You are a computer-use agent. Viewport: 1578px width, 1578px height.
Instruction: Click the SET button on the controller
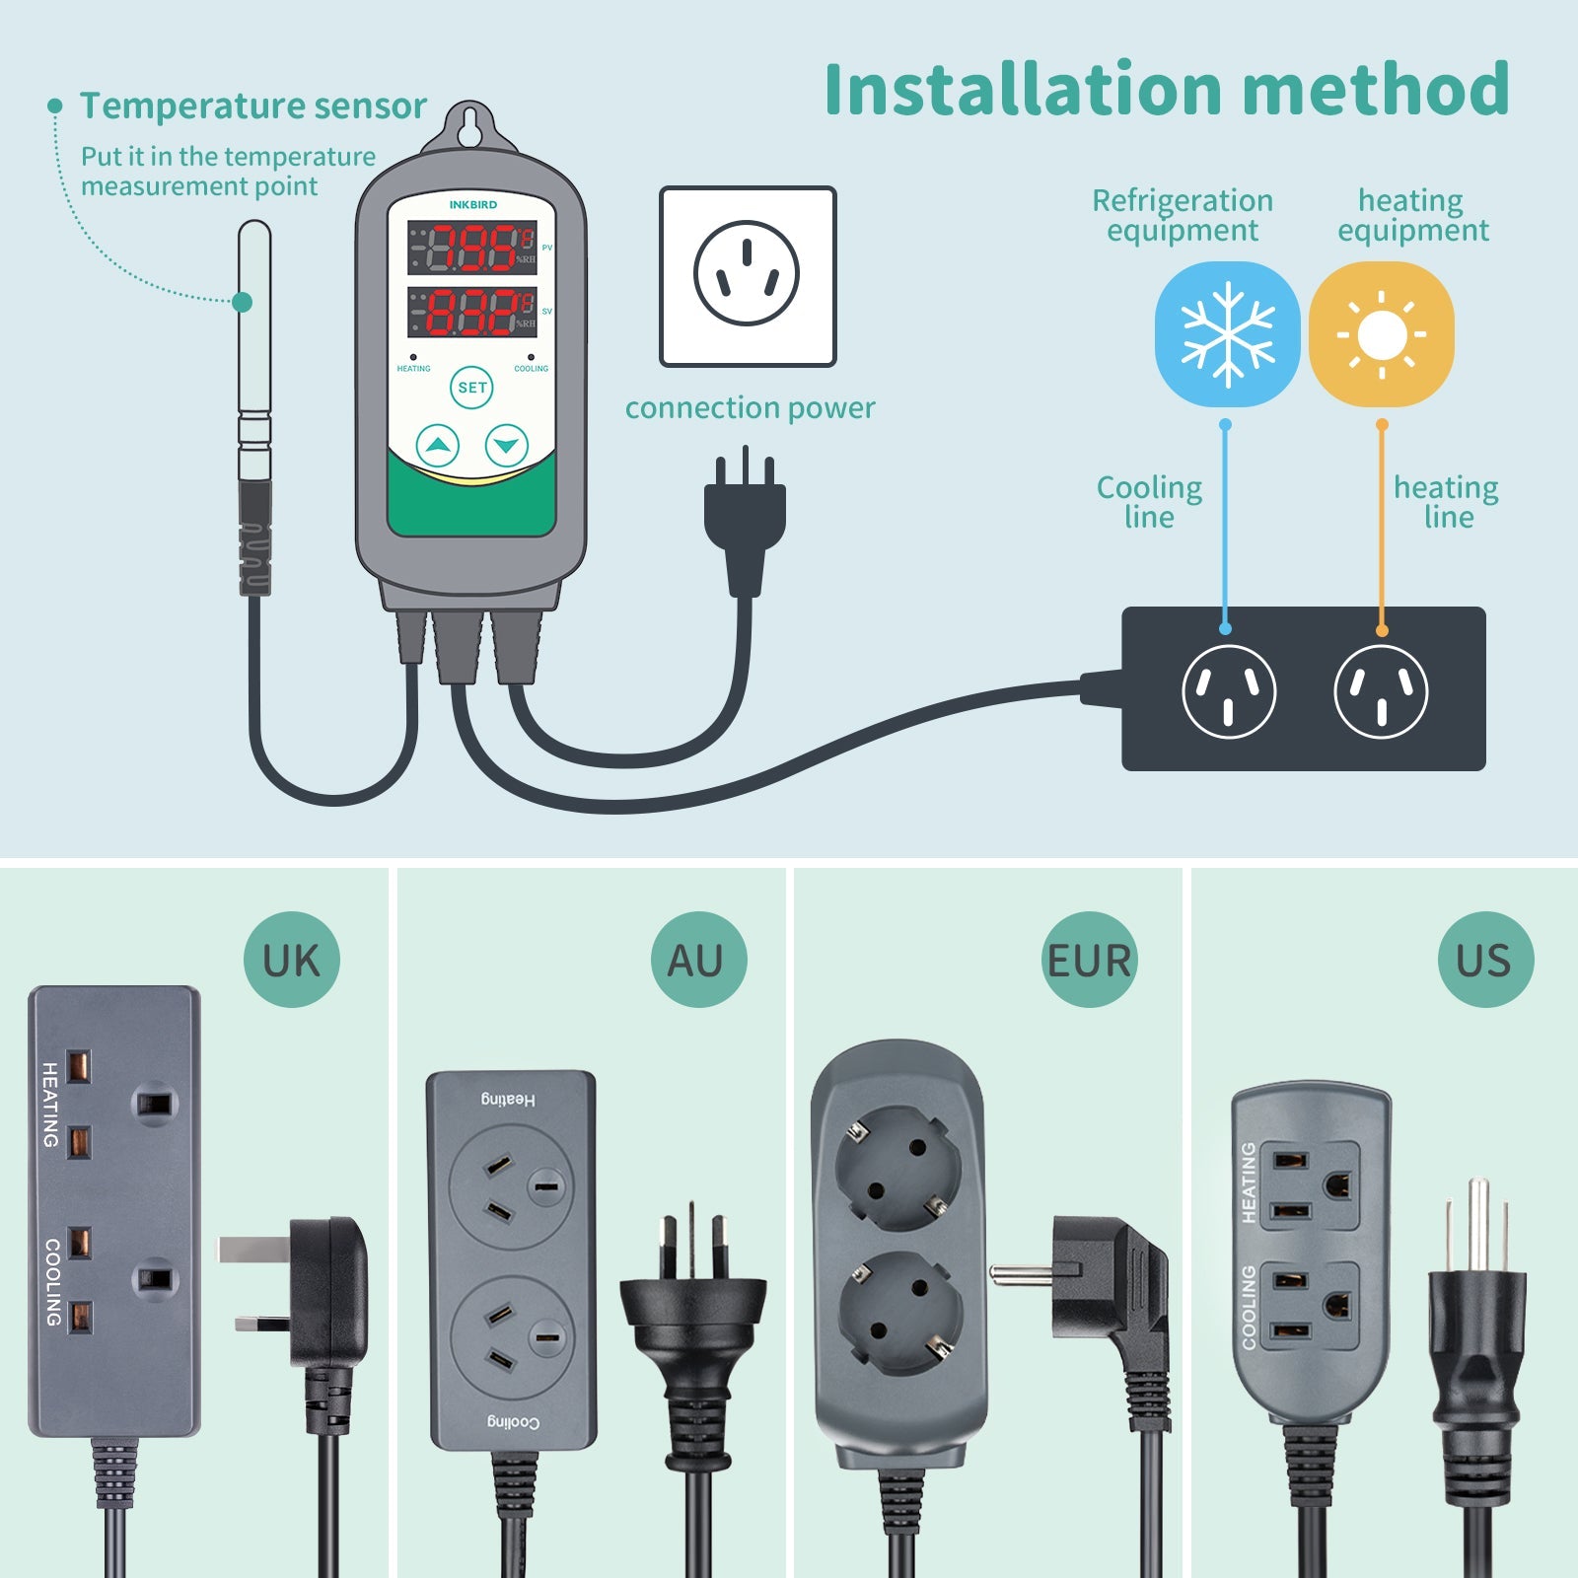click(472, 388)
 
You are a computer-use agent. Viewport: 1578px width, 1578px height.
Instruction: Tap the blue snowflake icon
click(1227, 333)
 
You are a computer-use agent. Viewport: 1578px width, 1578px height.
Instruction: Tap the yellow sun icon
click(1381, 333)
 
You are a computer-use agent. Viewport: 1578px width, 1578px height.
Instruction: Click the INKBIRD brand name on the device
click(473, 205)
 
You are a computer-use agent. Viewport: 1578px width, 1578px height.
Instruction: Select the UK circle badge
click(292, 960)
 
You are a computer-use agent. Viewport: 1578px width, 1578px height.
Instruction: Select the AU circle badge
click(698, 960)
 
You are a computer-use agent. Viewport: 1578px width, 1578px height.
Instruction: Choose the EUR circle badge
click(1089, 960)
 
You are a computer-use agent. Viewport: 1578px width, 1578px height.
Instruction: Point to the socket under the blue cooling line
click(1228, 691)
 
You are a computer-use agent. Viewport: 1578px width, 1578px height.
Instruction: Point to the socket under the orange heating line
click(1381, 691)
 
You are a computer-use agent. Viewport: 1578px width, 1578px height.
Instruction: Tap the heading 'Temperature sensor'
click(253, 106)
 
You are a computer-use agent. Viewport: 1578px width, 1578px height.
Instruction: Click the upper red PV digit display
click(472, 248)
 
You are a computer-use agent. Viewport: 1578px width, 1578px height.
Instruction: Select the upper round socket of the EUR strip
click(897, 1167)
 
